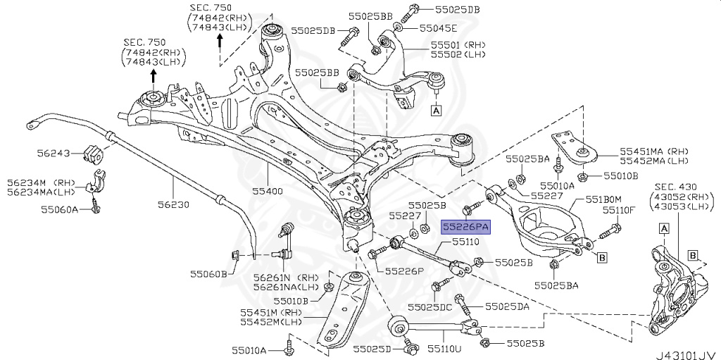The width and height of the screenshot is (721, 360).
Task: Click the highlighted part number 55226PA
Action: [465, 226]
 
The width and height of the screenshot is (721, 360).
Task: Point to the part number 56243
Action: [54, 152]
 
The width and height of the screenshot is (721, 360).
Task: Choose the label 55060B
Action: [208, 273]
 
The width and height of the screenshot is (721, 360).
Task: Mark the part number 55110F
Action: [618, 209]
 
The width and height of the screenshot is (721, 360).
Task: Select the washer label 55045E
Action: [438, 28]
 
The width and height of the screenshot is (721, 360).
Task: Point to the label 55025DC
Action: [453, 307]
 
